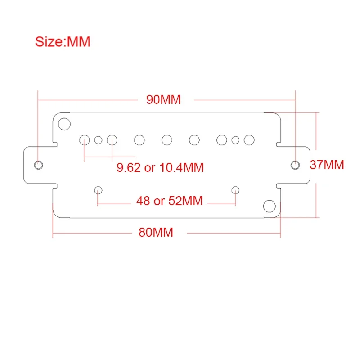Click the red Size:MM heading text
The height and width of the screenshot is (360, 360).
pyautogui.click(x=63, y=42)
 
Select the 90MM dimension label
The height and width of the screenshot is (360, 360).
pyautogui.click(x=163, y=100)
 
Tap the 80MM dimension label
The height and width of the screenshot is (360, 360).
pyautogui.click(x=156, y=233)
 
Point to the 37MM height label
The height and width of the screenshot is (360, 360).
pyautogui.click(x=327, y=165)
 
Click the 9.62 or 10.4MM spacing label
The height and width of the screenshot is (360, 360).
pyautogui.click(x=160, y=168)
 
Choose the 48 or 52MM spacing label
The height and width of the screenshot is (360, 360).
pyautogui.click(x=169, y=201)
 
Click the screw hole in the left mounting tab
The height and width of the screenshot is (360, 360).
pyautogui.click(x=39, y=164)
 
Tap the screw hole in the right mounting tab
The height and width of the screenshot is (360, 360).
pyautogui.click(x=295, y=164)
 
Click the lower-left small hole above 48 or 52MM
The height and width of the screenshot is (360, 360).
pyautogui.click(x=99, y=190)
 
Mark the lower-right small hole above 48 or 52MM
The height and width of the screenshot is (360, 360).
pyautogui.click(x=235, y=190)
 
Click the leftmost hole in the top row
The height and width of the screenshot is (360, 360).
pyautogui.click(x=85, y=140)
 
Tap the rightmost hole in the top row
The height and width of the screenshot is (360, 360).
pyautogui.click(x=249, y=140)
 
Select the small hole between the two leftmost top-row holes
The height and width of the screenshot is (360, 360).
pyautogui.click(x=98, y=140)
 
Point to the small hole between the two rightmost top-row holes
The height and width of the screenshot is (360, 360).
pyautogui.click(x=235, y=140)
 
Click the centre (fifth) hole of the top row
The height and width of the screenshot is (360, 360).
pyautogui.click(x=167, y=140)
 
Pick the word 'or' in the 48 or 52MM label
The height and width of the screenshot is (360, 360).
pyautogui.click(x=159, y=201)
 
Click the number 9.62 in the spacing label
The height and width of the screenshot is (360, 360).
pyautogui.click(x=129, y=168)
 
